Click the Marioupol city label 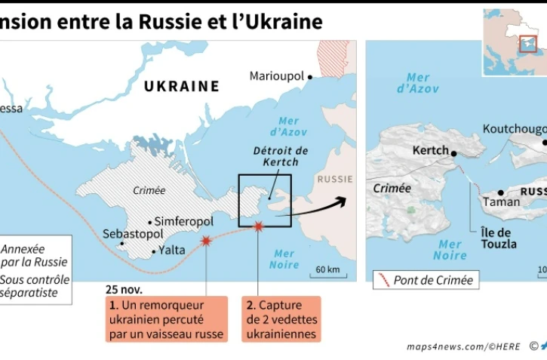tap(276, 76)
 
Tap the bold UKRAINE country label tap(182, 86)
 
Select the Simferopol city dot tap(151, 223)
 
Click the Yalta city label tap(172, 251)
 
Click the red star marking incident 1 tap(205, 241)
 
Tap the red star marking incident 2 tap(259, 226)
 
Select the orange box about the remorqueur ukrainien tap(166, 318)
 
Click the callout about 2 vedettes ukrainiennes tap(281, 318)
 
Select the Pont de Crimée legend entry tap(426, 281)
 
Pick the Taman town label tap(502, 202)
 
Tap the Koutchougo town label tap(514, 128)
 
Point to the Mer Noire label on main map tap(284, 259)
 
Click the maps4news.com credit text tap(464, 346)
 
